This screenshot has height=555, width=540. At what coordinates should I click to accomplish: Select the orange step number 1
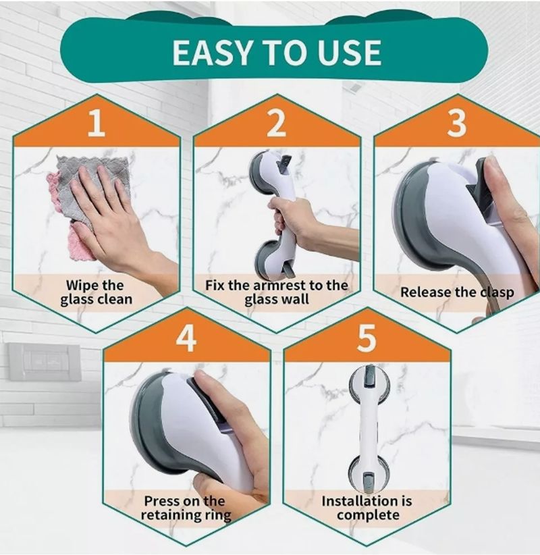[97, 123]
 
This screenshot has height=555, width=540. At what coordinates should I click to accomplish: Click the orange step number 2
[276, 123]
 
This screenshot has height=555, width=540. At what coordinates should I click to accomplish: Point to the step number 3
[457, 123]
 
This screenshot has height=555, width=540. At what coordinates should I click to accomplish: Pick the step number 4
[186, 338]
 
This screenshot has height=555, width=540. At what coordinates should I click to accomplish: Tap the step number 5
[367, 338]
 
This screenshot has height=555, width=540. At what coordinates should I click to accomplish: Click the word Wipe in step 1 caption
[80, 285]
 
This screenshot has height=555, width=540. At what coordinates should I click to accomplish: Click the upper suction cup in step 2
[262, 168]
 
